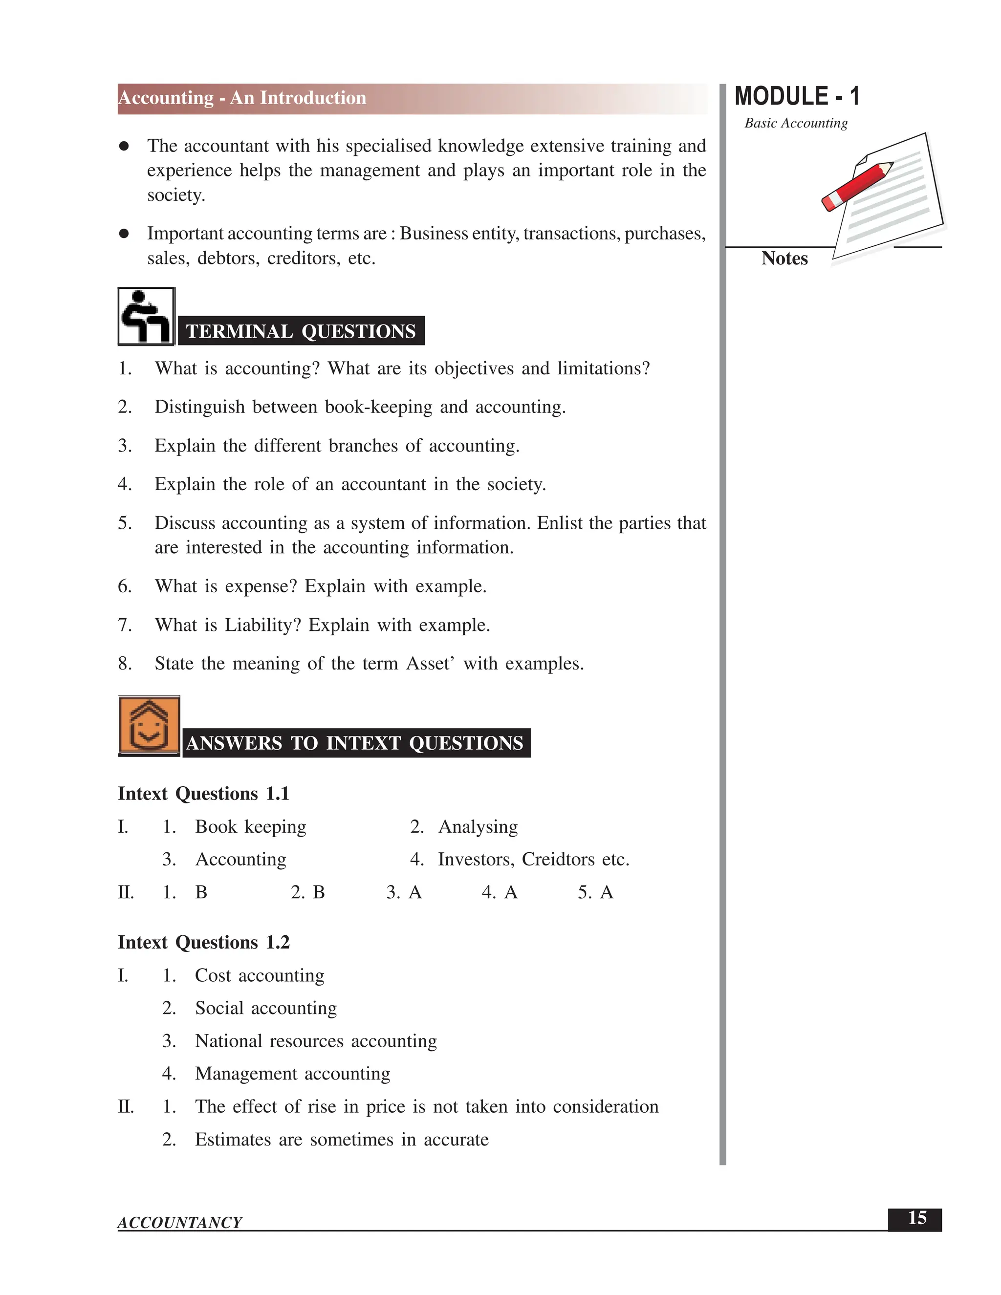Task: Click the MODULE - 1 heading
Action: (x=796, y=97)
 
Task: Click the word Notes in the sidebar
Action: (x=784, y=259)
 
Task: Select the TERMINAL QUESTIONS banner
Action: (x=301, y=331)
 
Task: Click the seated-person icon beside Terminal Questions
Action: (x=146, y=317)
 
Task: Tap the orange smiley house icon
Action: (x=149, y=726)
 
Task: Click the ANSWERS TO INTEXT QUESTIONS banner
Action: (x=355, y=743)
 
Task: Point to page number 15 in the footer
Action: (x=916, y=1218)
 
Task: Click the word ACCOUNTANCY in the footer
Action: (x=180, y=1223)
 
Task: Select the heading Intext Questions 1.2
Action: (x=203, y=942)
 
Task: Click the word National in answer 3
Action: (x=228, y=1041)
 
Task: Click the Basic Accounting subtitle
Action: (x=796, y=123)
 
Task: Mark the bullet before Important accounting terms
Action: (x=124, y=234)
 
